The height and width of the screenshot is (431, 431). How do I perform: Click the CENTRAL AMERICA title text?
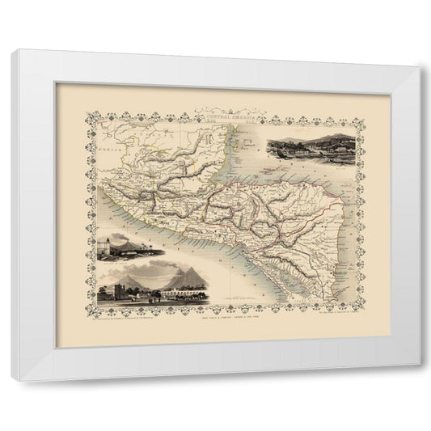[217, 117]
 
